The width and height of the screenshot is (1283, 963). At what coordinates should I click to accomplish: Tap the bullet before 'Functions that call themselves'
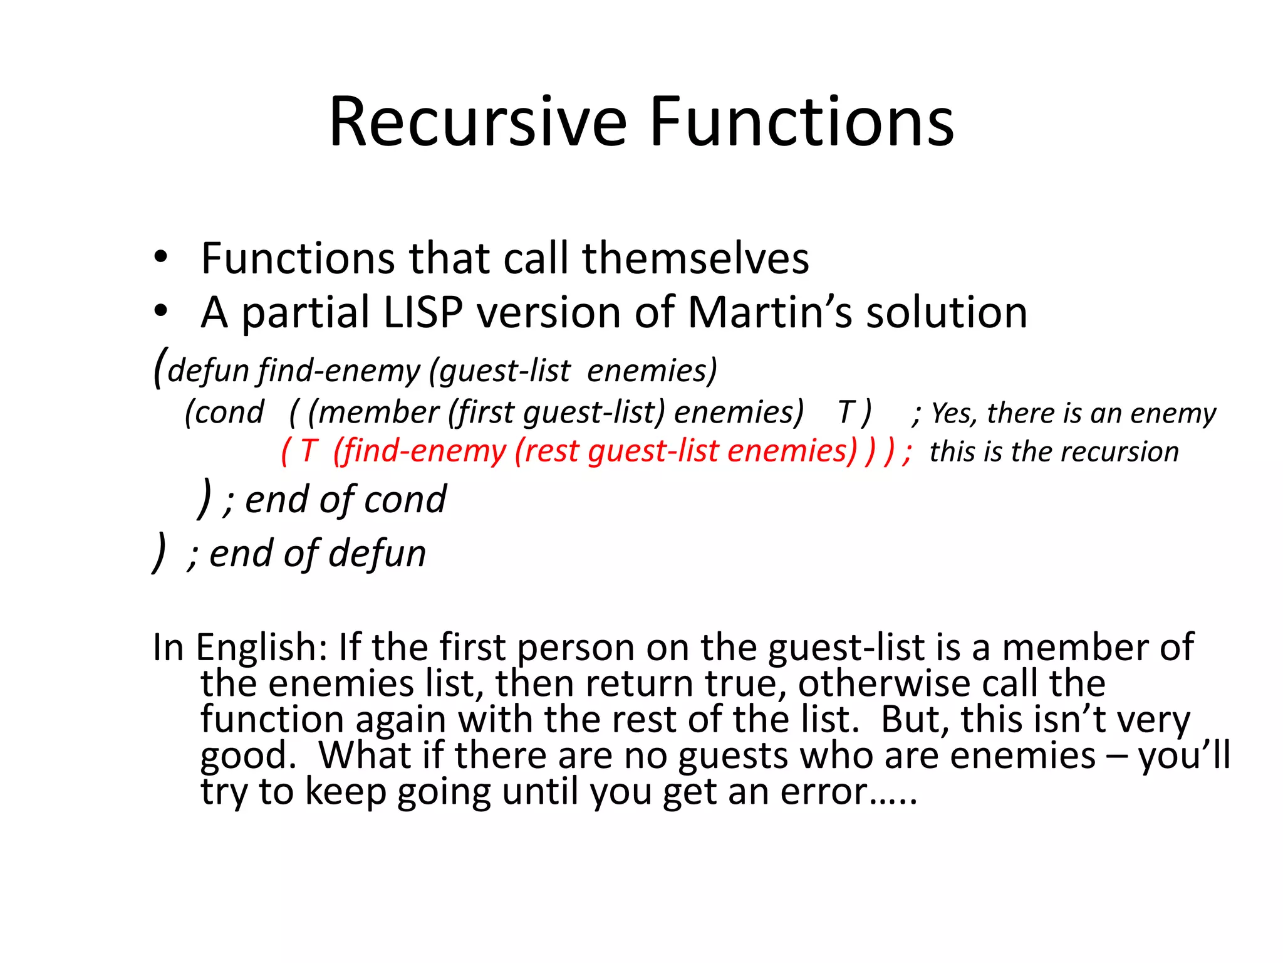pyautogui.click(x=161, y=258)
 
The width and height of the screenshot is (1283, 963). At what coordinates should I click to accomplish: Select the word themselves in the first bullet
pyautogui.click(x=695, y=258)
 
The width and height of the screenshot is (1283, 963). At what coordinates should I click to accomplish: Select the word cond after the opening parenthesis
pyautogui.click(x=229, y=413)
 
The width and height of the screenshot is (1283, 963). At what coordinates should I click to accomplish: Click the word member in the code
pyautogui.click(x=373, y=413)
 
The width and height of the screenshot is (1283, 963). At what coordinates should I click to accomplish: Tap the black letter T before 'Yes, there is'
pyautogui.click(x=846, y=413)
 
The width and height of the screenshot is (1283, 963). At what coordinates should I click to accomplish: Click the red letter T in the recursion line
pyautogui.click(x=309, y=451)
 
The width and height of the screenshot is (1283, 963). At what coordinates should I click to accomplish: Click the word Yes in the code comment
pyautogui.click(x=952, y=413)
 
